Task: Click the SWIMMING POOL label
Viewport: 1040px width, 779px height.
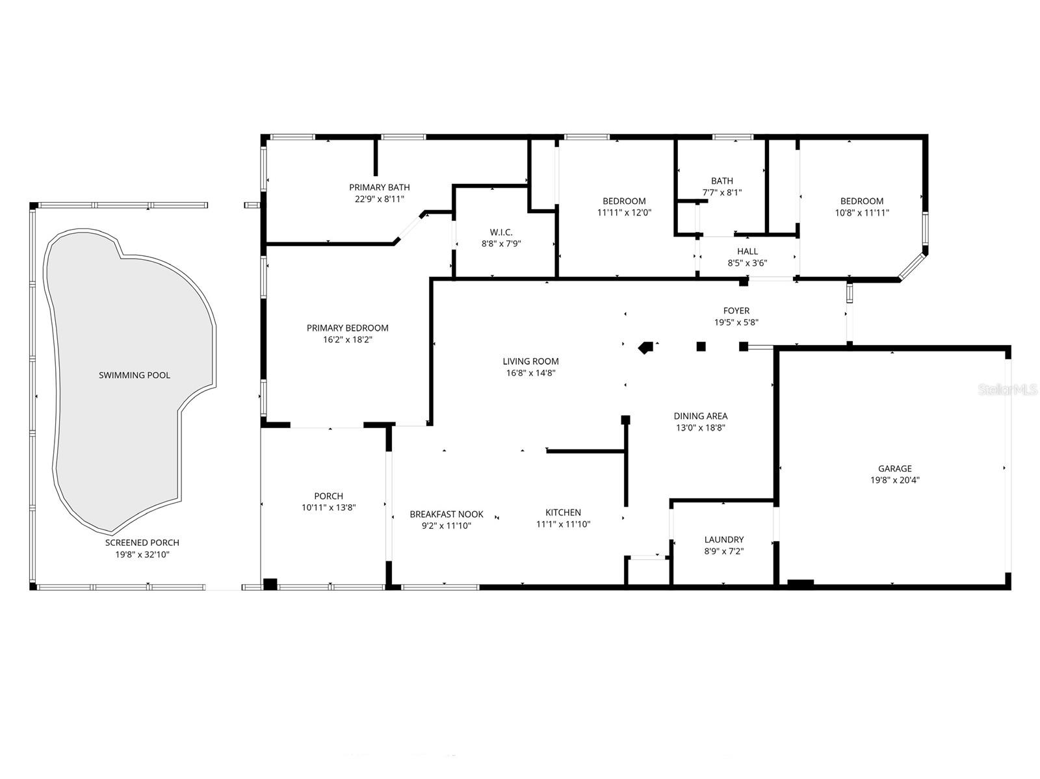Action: (x=135, y=375)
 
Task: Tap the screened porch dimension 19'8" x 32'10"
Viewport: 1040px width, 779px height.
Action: (x=142, y=554)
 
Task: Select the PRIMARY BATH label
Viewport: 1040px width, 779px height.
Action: (x=380, y=188)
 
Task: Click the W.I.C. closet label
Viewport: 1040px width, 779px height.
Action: (x=501, y=232)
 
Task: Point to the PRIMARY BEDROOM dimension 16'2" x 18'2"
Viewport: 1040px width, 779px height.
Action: (x=348, y=339)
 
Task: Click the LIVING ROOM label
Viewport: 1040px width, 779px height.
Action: (x=530, y=361)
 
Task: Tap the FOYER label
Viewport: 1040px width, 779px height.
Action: (x=736, y=311)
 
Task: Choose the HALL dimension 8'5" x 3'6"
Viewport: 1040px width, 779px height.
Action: (x=747, y=263)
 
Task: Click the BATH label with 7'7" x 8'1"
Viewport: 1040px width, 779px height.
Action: (x=721, y=181)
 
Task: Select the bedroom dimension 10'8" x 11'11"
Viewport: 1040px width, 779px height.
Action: (x=862, y=212)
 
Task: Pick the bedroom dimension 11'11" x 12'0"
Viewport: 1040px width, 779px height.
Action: (x=624, y=212)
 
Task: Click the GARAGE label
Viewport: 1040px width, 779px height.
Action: (x=895, y=468)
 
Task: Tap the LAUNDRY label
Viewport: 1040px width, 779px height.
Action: (x=724, y=539)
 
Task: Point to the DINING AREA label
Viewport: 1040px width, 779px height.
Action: (x=701, y=416)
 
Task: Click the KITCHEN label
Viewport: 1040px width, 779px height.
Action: (x=563, y=513)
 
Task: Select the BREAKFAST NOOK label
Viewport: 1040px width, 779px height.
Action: (x=447, y=514)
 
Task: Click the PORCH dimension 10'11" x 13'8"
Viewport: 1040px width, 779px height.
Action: (x=328, y=507)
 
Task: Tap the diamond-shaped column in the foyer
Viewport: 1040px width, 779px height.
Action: (x=645, y=348)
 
